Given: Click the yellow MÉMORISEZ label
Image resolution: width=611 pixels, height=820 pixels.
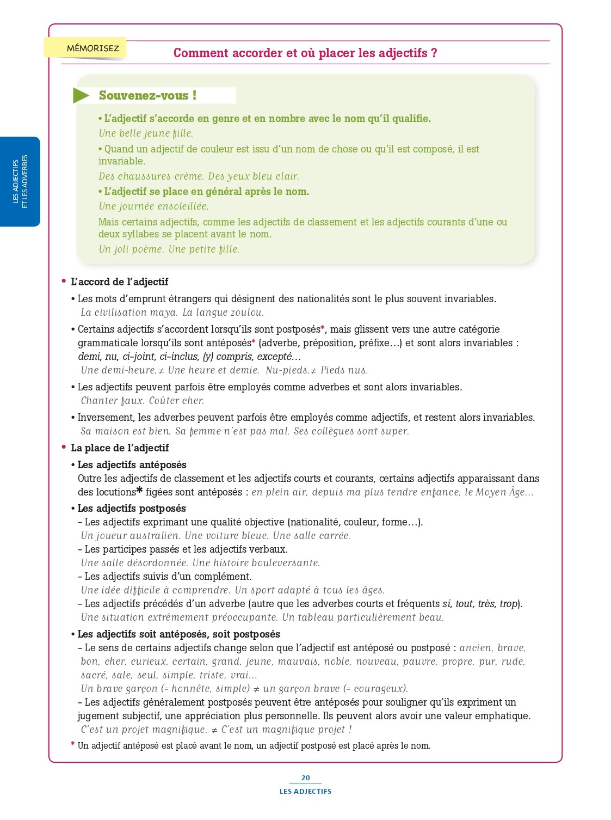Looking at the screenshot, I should pos(92,48).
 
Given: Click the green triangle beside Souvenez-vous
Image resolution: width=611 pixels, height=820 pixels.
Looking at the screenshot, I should pos(81,95).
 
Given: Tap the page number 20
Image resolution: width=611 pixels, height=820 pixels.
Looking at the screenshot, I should pos(305,778).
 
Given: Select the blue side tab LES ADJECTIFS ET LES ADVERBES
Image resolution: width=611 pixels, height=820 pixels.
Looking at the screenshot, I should pos(20,181).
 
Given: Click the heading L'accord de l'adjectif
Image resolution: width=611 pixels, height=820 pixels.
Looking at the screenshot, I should pos(119,282).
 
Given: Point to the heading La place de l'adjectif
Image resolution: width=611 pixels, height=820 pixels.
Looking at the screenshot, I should pos(120,448).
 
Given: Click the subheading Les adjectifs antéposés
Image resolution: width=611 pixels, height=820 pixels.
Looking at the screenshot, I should pos(132,465).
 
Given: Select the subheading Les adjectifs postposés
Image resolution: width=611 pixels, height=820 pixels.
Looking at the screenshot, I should pos(132,509).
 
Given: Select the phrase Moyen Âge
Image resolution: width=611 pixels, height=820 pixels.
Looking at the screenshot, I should pos(501,492).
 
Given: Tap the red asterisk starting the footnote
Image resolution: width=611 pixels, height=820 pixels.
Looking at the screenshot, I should pos(73,745).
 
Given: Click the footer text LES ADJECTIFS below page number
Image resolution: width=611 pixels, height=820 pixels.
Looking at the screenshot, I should pos(305,791).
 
